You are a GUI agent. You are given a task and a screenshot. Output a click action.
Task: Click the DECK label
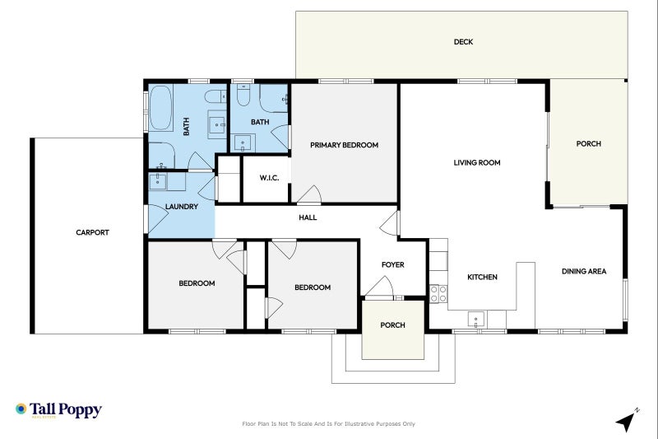point(463,42)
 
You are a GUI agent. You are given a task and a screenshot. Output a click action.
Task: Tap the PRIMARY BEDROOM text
point(344,145)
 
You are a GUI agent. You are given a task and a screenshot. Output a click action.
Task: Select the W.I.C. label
point(270,178)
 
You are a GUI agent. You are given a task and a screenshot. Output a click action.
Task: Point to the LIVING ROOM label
point(477,163)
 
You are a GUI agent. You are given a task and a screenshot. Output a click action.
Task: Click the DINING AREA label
point(584,271)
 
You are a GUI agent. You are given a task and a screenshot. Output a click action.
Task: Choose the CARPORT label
point(92,232)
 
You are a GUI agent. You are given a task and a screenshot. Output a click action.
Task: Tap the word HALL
point(308,217)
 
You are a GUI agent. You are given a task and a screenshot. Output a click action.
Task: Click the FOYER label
point(392,264)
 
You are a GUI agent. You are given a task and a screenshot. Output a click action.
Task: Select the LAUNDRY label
point(181,207)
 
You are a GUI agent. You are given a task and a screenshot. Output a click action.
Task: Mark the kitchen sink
point(475,318)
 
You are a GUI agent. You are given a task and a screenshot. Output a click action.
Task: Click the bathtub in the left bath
point(161,107)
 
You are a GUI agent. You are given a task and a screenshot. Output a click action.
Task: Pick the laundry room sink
point(159,181)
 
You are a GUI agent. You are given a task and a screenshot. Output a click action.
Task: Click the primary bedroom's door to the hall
point(308,194)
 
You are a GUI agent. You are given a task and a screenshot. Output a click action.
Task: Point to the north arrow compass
point(628,420)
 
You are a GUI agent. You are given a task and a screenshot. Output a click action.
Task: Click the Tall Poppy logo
point(58,410)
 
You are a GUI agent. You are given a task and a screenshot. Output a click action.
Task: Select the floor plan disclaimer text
point(328,424)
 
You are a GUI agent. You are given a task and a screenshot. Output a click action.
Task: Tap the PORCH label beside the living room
point(588,144)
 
